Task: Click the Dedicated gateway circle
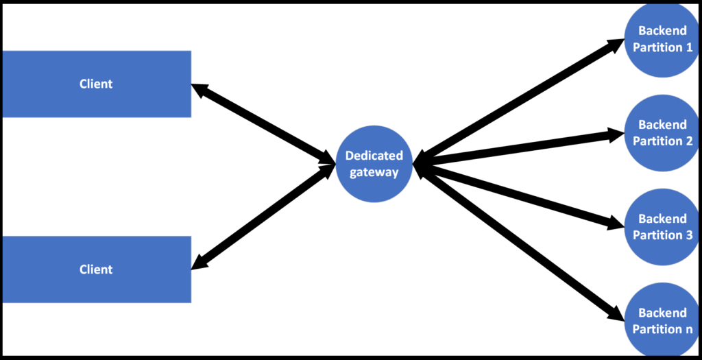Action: point(374,164)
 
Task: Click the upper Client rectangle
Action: point(96,84)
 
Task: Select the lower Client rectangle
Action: point(96,269)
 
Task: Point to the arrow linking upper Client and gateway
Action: point(263,124)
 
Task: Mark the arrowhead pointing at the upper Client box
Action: point(199,89)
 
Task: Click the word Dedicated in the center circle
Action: point(374,156)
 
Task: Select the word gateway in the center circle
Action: point(374,172)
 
